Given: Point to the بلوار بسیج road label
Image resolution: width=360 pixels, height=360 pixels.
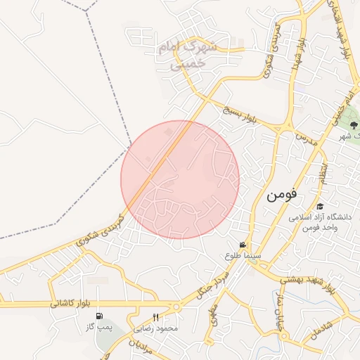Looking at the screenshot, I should click(x=241, y=117).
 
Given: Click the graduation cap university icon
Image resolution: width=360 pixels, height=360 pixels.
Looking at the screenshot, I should click(x=320, y=206).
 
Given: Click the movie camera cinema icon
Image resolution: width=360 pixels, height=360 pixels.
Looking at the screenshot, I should click(x=243, y=245).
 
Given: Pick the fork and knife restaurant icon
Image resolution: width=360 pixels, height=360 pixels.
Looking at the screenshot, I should click(x=155, y=316).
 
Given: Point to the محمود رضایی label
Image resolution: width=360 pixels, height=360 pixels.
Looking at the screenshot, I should click(x=160, y=328).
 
